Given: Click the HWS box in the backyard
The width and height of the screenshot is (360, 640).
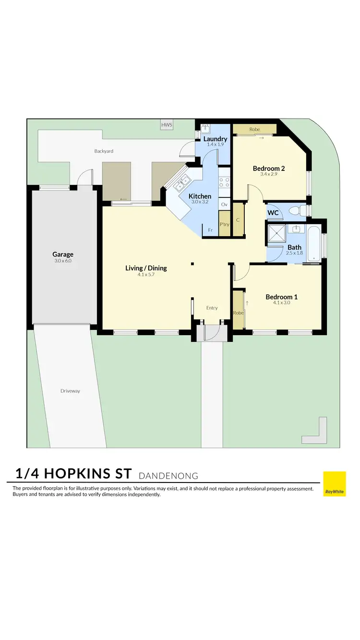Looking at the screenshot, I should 167,125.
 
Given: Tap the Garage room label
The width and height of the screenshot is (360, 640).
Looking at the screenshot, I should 62,254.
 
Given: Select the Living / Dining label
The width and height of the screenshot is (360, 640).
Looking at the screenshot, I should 146,268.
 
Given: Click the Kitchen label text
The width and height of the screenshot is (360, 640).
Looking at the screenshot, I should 200,196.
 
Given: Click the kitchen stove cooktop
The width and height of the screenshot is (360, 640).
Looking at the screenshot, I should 225,182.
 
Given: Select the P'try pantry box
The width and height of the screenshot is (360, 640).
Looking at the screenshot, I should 224,225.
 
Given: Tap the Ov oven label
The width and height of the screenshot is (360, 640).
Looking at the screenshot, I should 224,204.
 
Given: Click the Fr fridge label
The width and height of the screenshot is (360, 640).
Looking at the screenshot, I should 210,230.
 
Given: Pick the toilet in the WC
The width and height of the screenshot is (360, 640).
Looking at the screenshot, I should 300,211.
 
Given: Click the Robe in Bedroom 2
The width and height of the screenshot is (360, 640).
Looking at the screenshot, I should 254,129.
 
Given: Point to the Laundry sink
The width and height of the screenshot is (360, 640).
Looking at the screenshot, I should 206,128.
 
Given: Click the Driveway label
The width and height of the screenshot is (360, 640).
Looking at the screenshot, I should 70,391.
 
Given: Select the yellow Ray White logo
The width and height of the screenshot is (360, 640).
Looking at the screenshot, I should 334,483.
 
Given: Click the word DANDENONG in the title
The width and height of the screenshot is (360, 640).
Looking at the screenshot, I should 168,476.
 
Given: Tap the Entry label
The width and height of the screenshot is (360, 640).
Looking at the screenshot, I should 212,308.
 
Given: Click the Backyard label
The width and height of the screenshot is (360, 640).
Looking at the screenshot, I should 104,151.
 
